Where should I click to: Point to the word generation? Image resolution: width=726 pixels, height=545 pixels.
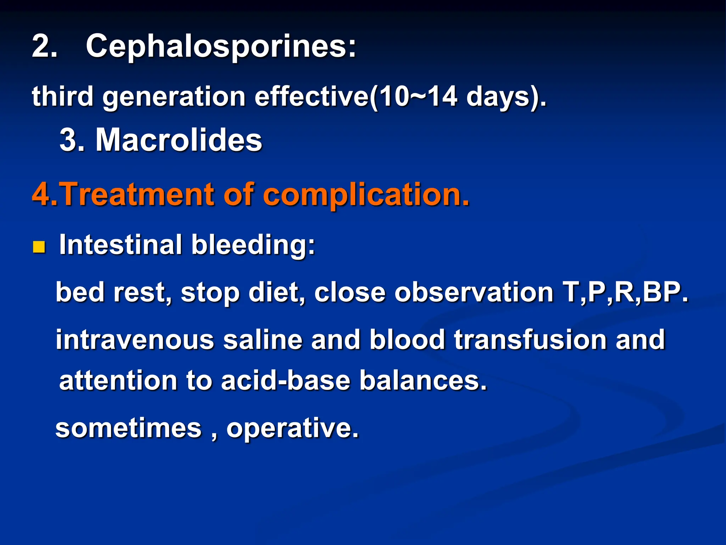[x=174, y=97]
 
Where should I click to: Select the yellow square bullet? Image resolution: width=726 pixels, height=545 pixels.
[x=39, y=247]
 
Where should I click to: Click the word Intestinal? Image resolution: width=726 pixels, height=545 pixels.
[x=121, y=245]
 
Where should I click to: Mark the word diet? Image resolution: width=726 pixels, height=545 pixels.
[x=274, y=292]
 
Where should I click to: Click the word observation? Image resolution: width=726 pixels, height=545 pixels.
[x=474, y=292]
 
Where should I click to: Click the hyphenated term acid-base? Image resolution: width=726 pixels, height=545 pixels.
[x=286, y=380]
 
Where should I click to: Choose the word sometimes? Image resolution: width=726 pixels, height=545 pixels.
[x=128, y=428]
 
